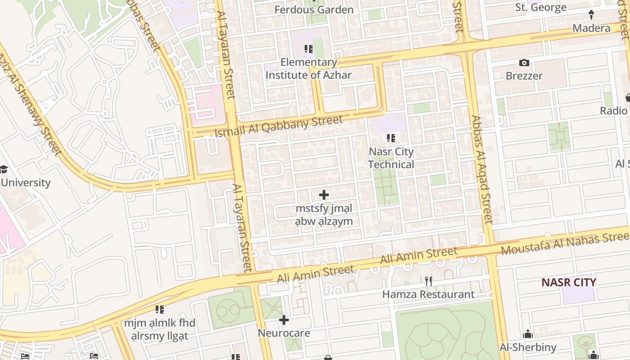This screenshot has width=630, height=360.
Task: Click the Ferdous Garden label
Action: (314, 9)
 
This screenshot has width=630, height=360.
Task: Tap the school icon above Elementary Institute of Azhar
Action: (309, 49)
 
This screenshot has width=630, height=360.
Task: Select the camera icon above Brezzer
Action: (524, 63)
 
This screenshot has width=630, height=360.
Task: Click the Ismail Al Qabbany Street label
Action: (279, 127)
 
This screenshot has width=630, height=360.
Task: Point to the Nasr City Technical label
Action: (391, 158)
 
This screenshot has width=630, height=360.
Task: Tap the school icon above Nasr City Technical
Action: (391, 138)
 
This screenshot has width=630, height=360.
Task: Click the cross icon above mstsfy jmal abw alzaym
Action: (324, 195)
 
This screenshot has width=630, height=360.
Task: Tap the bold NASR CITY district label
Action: (568, 283)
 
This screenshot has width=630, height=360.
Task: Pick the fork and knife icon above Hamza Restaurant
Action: (428, 281)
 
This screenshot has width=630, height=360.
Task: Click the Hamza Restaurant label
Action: (428, 295)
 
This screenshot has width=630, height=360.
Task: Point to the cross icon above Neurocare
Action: (284, 320)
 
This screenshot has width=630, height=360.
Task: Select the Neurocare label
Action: (284, 333)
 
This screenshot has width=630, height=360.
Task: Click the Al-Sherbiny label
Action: (528, 347)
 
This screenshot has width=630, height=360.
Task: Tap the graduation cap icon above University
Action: (4, 169)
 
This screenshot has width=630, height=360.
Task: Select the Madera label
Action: (591, 28)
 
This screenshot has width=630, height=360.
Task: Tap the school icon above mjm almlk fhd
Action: (160, 310)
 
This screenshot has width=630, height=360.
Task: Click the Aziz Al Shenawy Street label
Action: (29, 104)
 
